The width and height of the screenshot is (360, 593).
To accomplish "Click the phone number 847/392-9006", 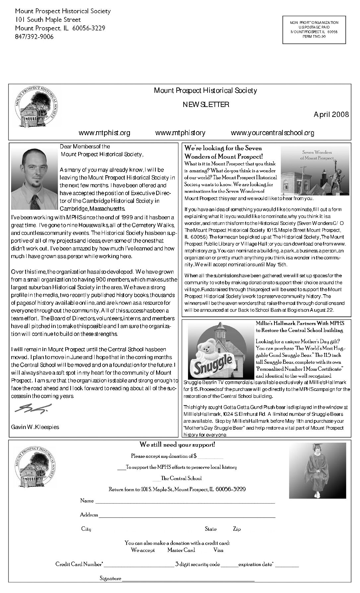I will click(34, 37).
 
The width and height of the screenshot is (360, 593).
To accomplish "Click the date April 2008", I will click(331, 115).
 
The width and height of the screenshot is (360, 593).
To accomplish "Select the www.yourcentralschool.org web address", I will click(272, 133).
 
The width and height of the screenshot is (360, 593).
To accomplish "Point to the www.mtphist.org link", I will click(104, 133).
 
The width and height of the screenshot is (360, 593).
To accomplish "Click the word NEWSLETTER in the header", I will click(206, 105).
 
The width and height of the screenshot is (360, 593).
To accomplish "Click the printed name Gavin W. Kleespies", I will click(35, 427).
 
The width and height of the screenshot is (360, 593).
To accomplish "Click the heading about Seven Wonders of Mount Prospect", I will click(224, 152).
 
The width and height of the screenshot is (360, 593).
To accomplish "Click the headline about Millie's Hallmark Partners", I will click(300, 327).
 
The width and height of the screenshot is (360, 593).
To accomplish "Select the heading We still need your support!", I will click(177, 445).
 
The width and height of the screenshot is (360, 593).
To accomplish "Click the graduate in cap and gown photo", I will click(315, 471).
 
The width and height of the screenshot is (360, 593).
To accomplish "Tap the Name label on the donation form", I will click(87, 501).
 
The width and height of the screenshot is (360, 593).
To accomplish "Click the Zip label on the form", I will click(237, 529).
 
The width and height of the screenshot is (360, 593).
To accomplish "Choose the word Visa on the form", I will click(218, 550).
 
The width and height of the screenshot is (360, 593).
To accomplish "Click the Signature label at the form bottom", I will click(110, 578).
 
